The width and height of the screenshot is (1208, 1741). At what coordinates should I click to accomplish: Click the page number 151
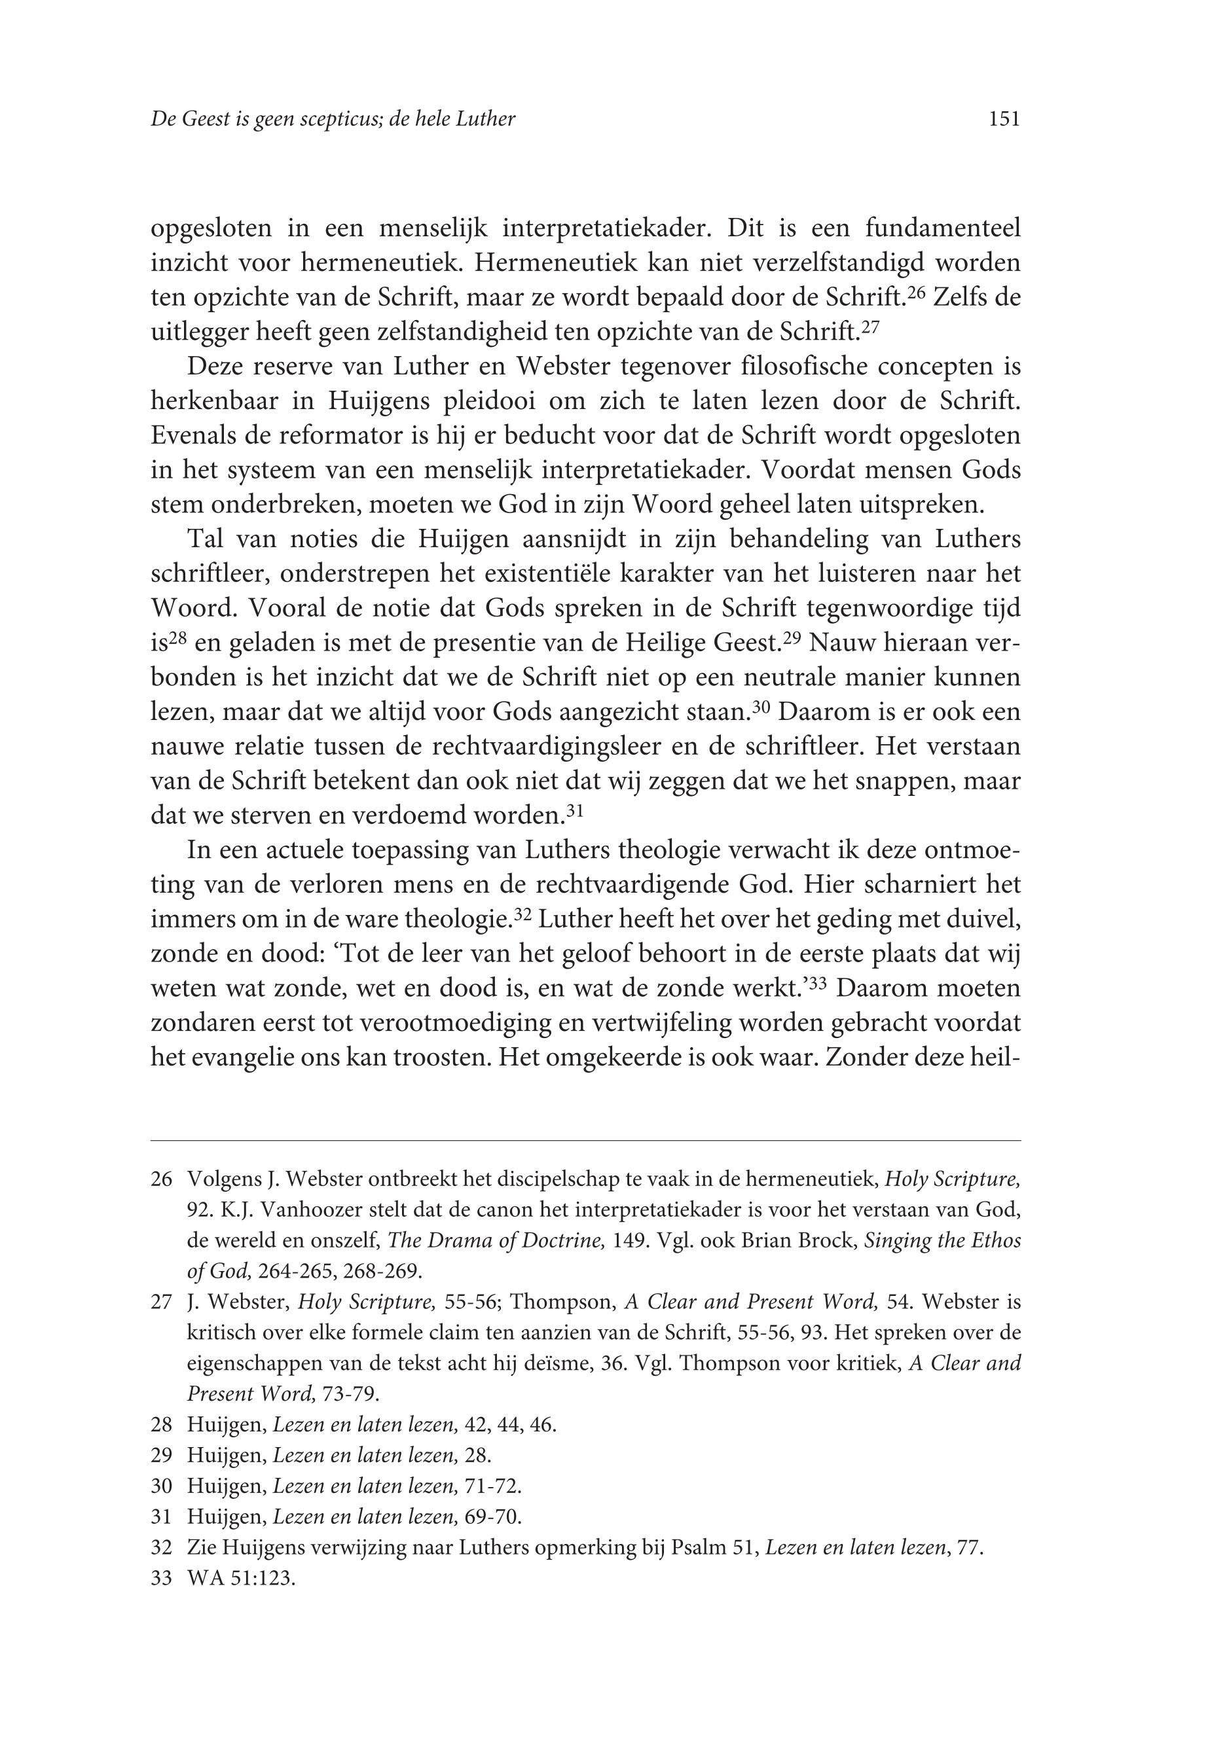(x=1004, y=118)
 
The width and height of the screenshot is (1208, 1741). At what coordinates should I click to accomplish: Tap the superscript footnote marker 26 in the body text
(x=917, y=292)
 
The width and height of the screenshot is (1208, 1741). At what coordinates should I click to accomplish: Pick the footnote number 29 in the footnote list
(x=162, y=1456)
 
